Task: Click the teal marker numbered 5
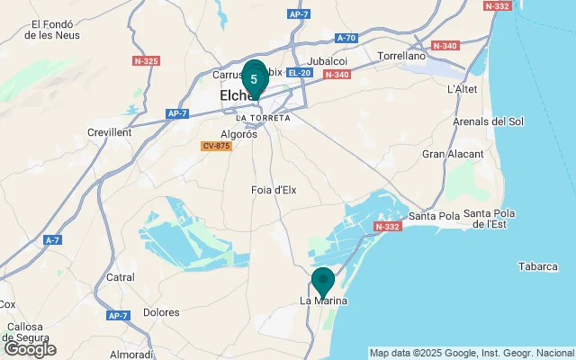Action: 254,79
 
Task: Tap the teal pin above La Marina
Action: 322,281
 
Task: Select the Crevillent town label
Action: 109,132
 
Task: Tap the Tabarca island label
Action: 539,266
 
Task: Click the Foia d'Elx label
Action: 274,190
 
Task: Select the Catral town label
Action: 121,277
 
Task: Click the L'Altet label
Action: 463,89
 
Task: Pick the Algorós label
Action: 238,134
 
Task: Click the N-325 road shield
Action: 145,61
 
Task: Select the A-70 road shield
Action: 346,38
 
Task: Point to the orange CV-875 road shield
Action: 216,146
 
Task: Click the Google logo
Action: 30,348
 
